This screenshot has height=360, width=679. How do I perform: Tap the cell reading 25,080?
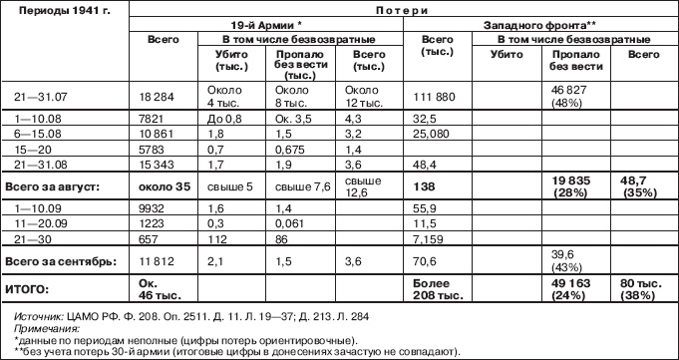click(431, 131)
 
